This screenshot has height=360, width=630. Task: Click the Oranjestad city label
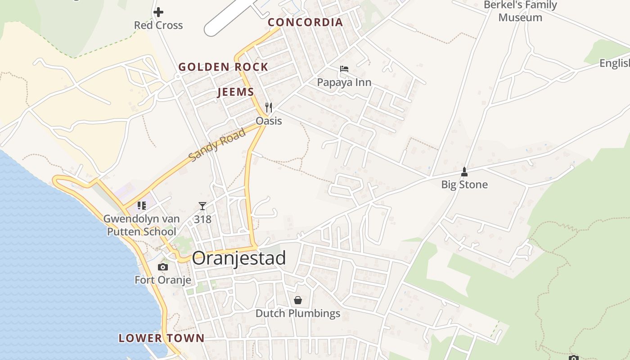(x=239, y=258)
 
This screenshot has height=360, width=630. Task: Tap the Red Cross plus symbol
(x=158, y=13)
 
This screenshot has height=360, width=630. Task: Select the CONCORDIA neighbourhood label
(x=306, y=22)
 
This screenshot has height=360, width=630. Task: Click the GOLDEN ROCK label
(x=223, y=67)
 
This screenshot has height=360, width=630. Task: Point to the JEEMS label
(x=235, y=92)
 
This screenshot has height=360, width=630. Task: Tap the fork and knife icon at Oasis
(x=269, y=108)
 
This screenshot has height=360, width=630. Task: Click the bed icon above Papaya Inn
(x=344, y=69)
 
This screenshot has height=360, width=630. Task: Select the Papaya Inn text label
(x=344, y=82)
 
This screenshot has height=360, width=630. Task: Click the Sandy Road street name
(x=217, y=145)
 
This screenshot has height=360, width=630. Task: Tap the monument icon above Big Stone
(x=464, y=171)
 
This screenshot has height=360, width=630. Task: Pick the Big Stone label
(x=464, y=184)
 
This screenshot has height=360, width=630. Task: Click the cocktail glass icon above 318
(x=202, y=206)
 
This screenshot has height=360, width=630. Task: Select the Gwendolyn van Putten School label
(x=141, y=225)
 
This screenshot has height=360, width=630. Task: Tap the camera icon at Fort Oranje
(x=163, y=267)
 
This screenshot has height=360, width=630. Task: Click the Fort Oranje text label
(x=163, y=280)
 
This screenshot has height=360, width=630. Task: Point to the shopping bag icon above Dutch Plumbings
(x=298, y=300)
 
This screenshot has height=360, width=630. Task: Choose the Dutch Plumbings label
(x=298, y=313)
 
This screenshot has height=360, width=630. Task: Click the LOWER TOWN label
(x=162, y=338)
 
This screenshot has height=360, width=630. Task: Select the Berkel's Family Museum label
(x=520, y=11)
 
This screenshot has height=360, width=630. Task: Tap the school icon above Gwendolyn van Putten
(x=142, y=206)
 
